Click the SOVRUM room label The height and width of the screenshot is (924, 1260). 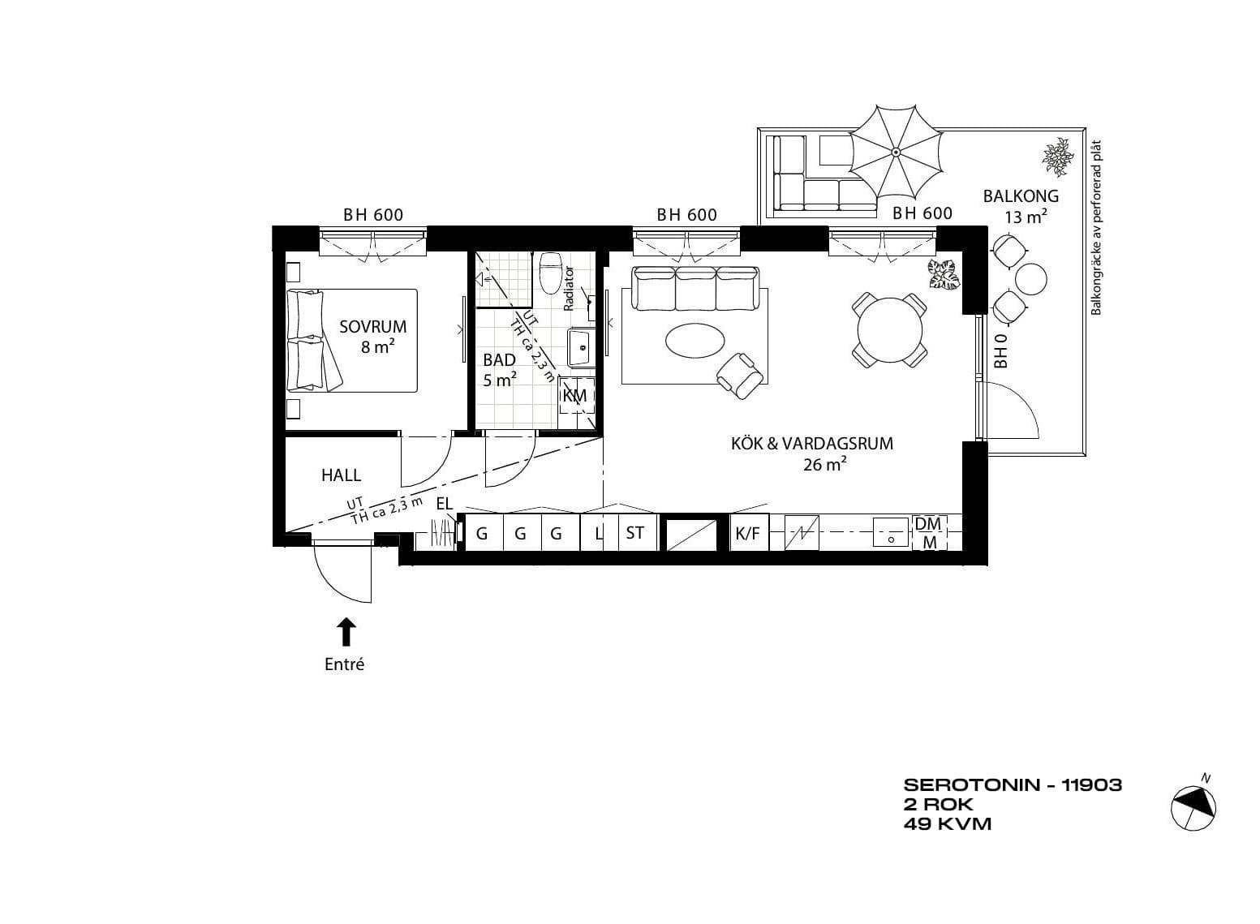click(x=372, y=327)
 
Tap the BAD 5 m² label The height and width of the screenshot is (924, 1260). click(x=500, y=370)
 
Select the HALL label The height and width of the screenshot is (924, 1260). click(x=341, y=475)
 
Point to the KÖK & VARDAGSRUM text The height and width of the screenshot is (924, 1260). click(x=811, y=444)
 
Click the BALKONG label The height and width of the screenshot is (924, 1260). click(x=1021, y=196)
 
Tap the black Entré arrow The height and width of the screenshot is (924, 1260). click(x=346, y=632)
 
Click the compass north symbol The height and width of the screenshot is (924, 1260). click(x=1193, y=808)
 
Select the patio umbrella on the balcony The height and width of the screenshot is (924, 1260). click(x=896, y=151)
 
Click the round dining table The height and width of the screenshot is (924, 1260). click(x=890, y=331)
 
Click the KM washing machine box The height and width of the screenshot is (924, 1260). click(x=576, y=396)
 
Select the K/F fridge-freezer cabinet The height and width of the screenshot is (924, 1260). click(x=748, y=533)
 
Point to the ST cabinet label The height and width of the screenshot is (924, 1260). click(x=634, y=533)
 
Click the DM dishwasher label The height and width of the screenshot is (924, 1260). click(x=928, y=524)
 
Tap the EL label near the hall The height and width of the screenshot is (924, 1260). click(x=445, y=504)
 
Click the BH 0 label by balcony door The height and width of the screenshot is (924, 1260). click(x=1000, y=351)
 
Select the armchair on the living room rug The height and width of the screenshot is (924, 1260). click(x=742, y=375)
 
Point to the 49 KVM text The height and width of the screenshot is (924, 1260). click(x=948, y=824)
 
